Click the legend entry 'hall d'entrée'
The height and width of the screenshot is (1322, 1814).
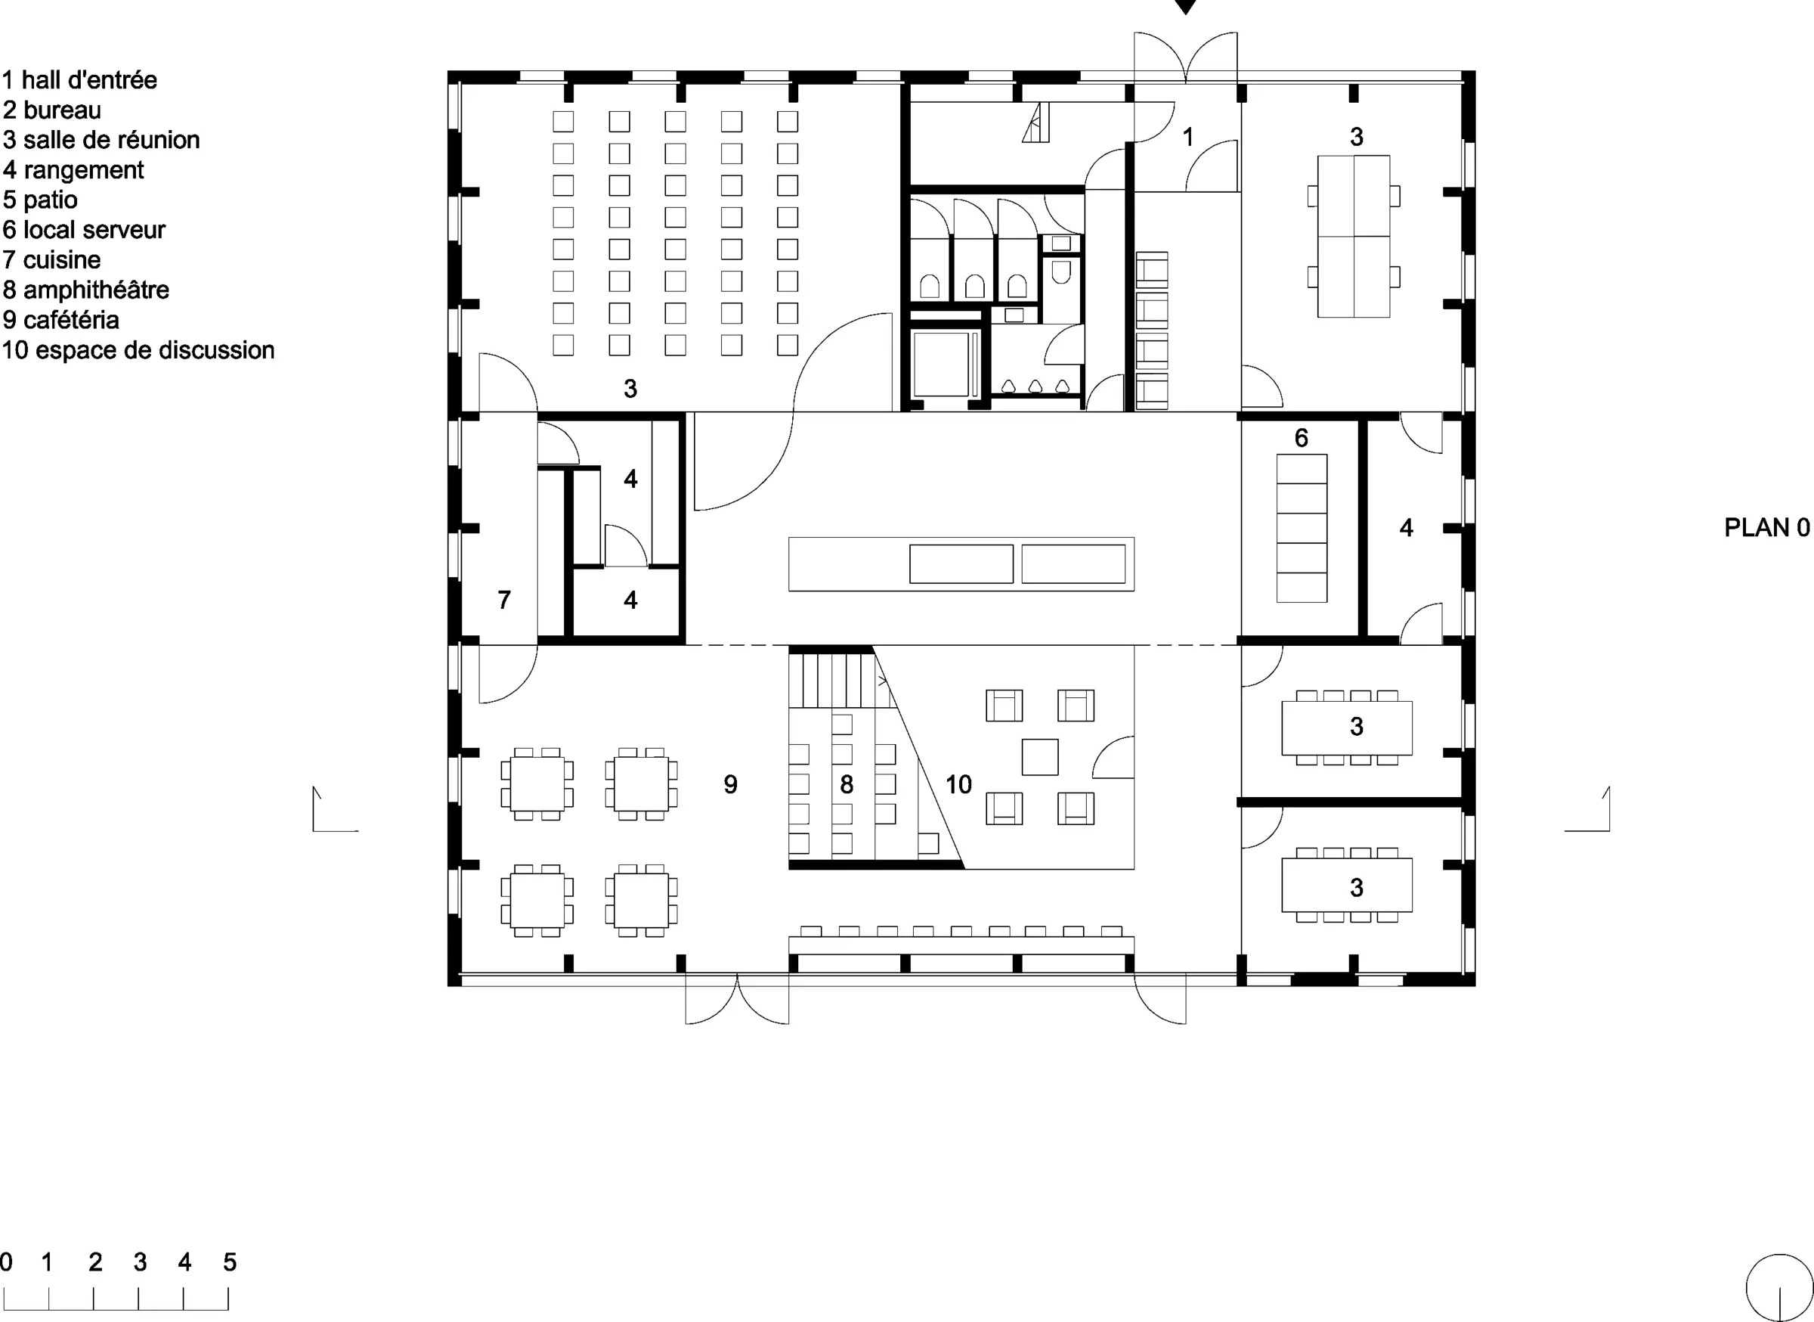(88, 80)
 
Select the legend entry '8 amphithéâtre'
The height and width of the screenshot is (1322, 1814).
(85, 290)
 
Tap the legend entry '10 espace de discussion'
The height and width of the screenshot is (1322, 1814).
(138, 350)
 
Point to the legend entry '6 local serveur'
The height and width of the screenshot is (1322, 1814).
(84, 230)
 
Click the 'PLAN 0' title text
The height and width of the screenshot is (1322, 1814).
(1766, 527)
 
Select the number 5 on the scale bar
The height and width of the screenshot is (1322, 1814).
(230, 1262)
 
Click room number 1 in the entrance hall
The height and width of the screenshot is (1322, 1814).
(1188, 138)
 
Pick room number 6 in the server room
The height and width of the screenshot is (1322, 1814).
(1302, 438)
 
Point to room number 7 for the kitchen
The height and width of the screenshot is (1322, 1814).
(504, 600)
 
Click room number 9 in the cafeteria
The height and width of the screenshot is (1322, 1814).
(730, 784)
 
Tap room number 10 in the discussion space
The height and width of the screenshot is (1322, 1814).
(958, 784)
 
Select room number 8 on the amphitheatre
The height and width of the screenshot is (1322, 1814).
(847, 784)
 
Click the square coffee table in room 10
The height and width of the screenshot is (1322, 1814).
(1040, 757)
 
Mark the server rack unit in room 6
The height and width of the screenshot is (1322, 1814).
(1302, 528)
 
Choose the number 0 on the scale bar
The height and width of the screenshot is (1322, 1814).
(6, 1262)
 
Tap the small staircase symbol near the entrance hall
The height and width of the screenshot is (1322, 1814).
(1035, 123)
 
